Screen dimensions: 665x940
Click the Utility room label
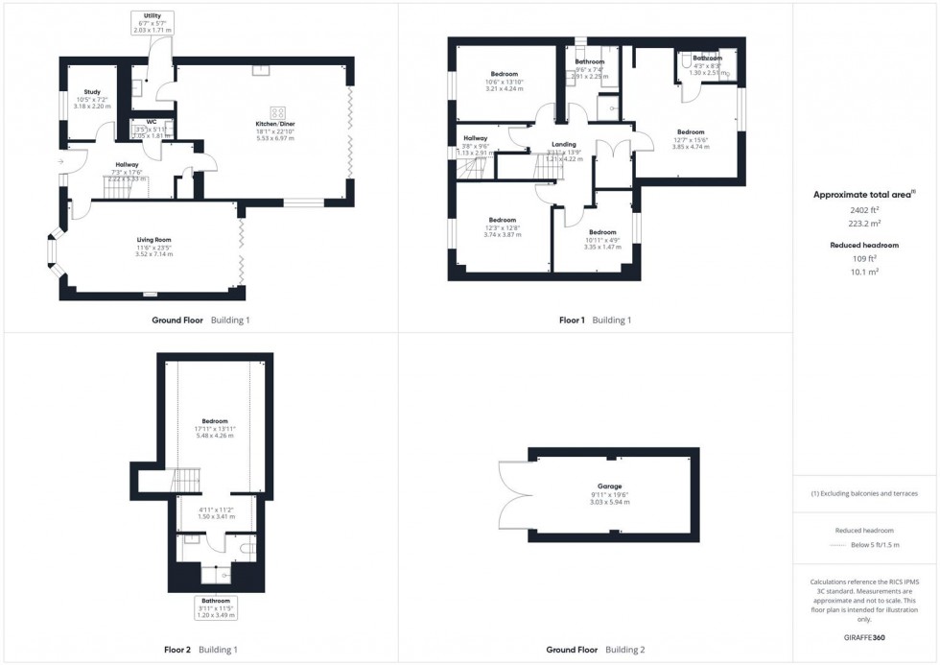[153, 16]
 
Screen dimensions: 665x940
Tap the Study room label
[92, 92]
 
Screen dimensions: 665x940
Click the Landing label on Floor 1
[564, 145]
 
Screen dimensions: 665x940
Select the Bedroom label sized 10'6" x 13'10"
[505, 74]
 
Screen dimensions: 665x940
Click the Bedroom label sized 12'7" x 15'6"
[691, 131]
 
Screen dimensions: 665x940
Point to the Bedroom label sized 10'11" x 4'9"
[602, 232]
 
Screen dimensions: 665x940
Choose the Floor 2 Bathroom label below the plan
[216, 601]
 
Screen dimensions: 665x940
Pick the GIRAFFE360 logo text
[864, 636]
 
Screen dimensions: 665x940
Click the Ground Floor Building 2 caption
[596, 650]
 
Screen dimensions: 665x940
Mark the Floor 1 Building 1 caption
[595, 320]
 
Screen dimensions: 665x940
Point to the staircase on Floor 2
[185, 480]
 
